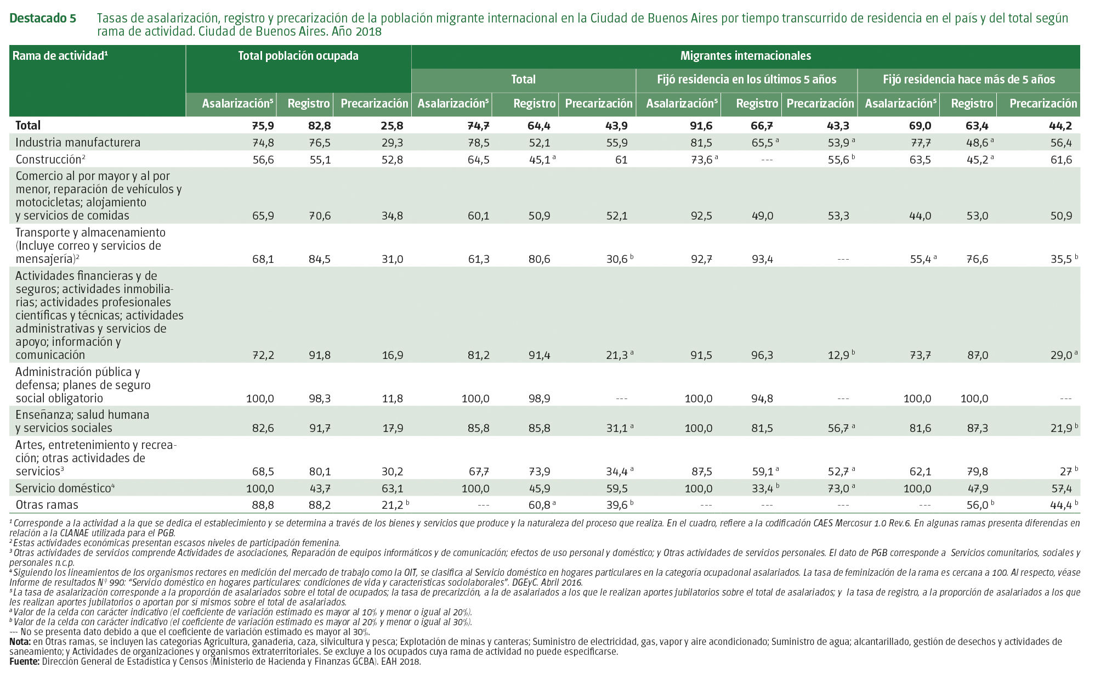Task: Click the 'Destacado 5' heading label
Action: [x=43, y=18]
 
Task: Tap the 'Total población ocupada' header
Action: [x=298, y=56]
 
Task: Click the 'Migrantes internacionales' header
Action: [x=745, y=56]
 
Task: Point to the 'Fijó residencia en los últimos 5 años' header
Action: [x=746, y=80]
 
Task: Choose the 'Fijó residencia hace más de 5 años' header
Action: [x=968, y=80]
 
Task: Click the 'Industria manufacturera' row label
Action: [x=78, y=143]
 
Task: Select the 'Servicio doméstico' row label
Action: [x=64, y=488]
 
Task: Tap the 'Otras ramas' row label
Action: [x=47, y=505]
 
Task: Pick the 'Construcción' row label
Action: [x=49, y=160]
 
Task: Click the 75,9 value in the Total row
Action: [x=263, y=126]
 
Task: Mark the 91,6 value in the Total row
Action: [x=701, y=126]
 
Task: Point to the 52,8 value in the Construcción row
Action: [x=392, y=160]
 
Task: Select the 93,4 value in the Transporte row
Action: [x=762, y=259]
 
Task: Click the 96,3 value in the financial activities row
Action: [x=762, y=355]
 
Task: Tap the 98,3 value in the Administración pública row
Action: [x=320, y=399]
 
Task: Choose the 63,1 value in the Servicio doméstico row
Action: [x=392, y=489]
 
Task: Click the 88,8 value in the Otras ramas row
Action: [x=263, y=505]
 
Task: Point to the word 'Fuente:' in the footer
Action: [x=24, y=662]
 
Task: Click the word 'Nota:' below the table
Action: [x=20, y=642]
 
